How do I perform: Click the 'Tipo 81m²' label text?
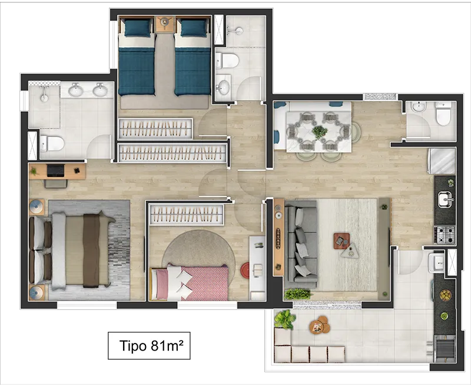(x=151, y=346)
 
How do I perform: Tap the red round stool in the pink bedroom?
(x=245, y=270)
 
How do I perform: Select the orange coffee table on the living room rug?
(x=341, y=241)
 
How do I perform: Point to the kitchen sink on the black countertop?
(x=445, y=199)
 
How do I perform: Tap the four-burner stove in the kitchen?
(x=445, y=234)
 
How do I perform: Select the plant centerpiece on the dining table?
(x=320, y=132)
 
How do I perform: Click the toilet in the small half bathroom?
(x=443, y=114)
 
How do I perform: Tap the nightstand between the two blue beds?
(x=164, y=24)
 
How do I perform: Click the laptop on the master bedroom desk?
(x=55, y=171)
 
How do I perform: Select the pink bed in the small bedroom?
(x=190, y=283)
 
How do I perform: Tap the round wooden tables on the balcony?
(x=320, y=325)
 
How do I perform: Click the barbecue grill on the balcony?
(x=445, y=349)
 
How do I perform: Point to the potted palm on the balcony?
(x=284, y=319)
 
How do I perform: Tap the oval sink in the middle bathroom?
(x=223, y=87)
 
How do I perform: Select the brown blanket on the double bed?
(x=91, y=251)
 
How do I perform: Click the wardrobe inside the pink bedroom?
(x=187, y=214)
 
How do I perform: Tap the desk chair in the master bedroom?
(x=56, y=184)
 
